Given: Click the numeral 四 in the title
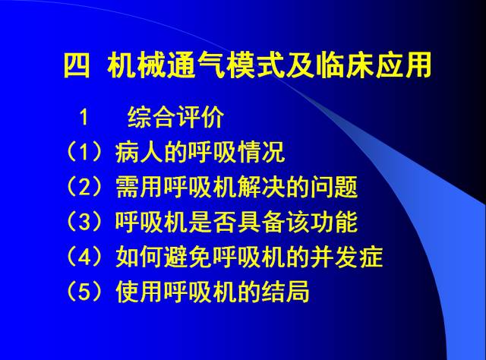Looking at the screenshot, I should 76,66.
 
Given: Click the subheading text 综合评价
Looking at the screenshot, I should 175,118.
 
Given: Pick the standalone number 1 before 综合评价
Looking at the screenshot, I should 84,118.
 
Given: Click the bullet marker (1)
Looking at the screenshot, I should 84,153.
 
